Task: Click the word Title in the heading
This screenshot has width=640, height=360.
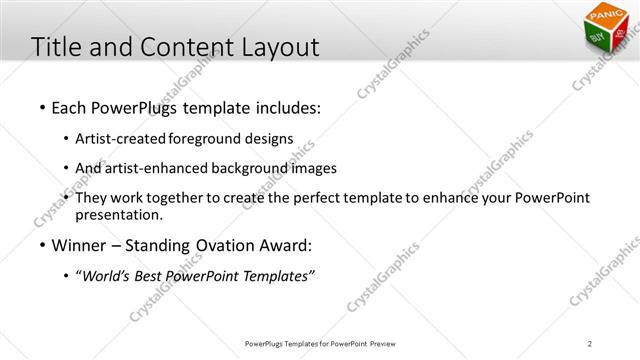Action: (x=56, y=47)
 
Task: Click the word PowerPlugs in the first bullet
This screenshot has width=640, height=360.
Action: (x=130, y=106)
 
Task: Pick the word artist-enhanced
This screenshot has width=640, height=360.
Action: (x=161, y=168)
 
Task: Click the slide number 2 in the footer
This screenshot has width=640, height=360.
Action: (x=590, y=344)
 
